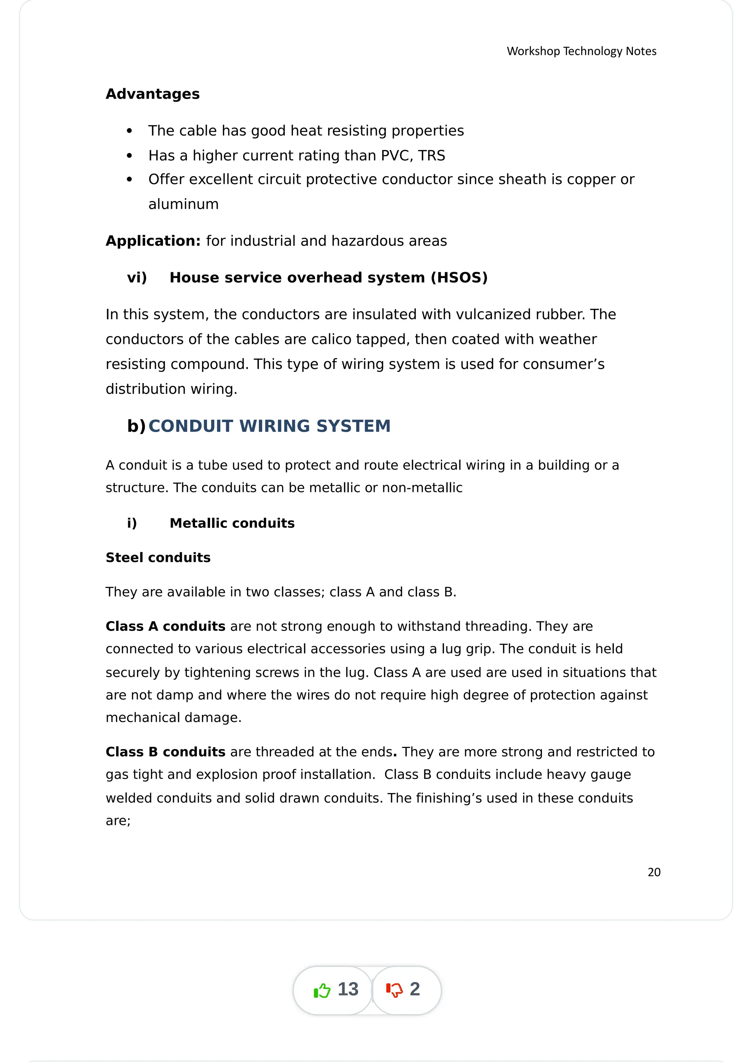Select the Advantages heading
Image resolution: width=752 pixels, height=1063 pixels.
152,94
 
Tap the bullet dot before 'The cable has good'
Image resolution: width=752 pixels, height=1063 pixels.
129,131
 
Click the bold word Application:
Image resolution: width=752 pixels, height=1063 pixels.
153,241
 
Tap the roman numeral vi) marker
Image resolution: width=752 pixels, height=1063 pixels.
137,278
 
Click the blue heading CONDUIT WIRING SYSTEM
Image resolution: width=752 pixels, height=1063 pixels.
269,426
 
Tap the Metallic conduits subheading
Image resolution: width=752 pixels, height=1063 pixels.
232,523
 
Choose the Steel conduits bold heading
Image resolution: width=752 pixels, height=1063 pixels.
158,558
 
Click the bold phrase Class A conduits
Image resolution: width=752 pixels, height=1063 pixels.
165,627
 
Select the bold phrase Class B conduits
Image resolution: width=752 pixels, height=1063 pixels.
165,752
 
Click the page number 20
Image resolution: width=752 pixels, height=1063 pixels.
653,872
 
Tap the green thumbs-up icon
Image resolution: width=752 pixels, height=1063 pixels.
322,990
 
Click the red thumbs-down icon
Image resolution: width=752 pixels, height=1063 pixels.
394,990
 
